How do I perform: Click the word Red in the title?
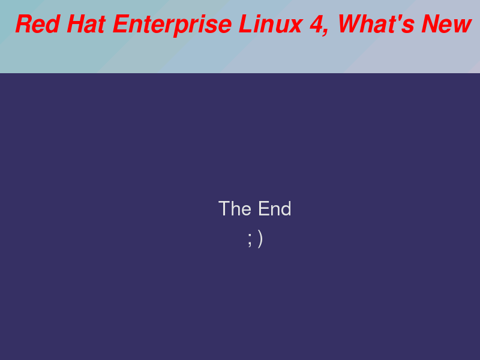click(x=37, y=24)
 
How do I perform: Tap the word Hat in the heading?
click(x=86, y=24)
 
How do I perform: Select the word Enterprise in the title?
click(x=172, y=26)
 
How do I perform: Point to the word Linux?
click(x=271, y=24)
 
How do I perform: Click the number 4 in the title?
click(x=317, y=24)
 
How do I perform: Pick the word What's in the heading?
click(x=376, y=24)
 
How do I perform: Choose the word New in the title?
click(x=446, y=24)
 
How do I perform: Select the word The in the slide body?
click(x=235, y=208)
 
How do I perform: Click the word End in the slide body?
click(x=275, y=208)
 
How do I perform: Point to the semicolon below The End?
click(x=250, y=239)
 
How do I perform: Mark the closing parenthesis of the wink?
click(x=260, y=239)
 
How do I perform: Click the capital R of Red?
click(x=25, y=24)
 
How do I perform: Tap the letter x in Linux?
click(x=295, y=26)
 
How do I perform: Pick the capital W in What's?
click(x=351, y=24)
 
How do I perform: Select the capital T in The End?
click(x=224, y=209)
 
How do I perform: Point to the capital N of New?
click(x=431, y=24)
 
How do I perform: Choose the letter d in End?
click(x=286, y=209)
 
